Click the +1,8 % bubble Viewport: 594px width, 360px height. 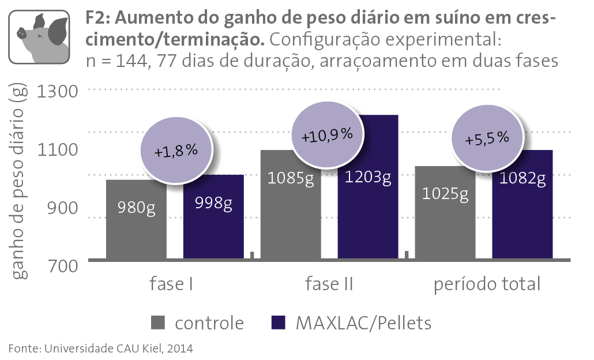click(175, 152)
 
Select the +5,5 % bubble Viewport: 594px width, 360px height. click(487, 139)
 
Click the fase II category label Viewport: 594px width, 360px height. click(329, 284)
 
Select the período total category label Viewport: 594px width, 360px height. click(487, 284)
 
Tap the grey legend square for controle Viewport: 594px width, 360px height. click(158, 323)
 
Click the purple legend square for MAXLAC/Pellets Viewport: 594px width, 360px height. click(279, 323)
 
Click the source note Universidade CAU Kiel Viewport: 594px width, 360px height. click(101, 348)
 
